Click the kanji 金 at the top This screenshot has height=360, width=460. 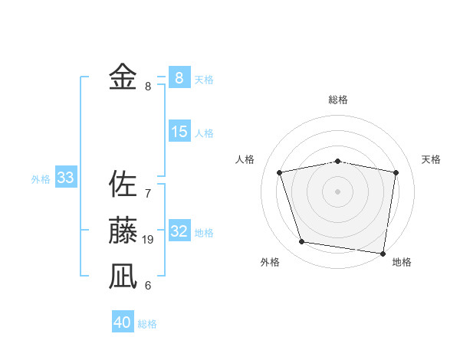[123, 77]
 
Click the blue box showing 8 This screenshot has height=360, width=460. [179, 77]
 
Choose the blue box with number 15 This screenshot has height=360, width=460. [179, 132]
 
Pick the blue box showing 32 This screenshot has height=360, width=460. [179, 231]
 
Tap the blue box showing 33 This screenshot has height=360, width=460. [65, 178]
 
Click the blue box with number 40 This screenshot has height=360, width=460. [123, 322]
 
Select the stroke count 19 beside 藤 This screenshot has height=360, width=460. [148, 240]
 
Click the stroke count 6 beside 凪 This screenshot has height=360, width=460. [148, 286]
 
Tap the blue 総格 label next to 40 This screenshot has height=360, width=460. [147, 324]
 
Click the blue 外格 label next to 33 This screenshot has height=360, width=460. [41, 179]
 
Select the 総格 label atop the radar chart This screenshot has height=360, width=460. [337, 100]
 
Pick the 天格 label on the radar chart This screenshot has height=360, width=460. [431, 159]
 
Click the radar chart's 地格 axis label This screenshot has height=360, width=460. [402, 262]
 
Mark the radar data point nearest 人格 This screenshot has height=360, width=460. [280, 172]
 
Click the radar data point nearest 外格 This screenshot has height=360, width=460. [302, 242]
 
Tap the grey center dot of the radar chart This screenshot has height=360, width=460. [337, 191]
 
